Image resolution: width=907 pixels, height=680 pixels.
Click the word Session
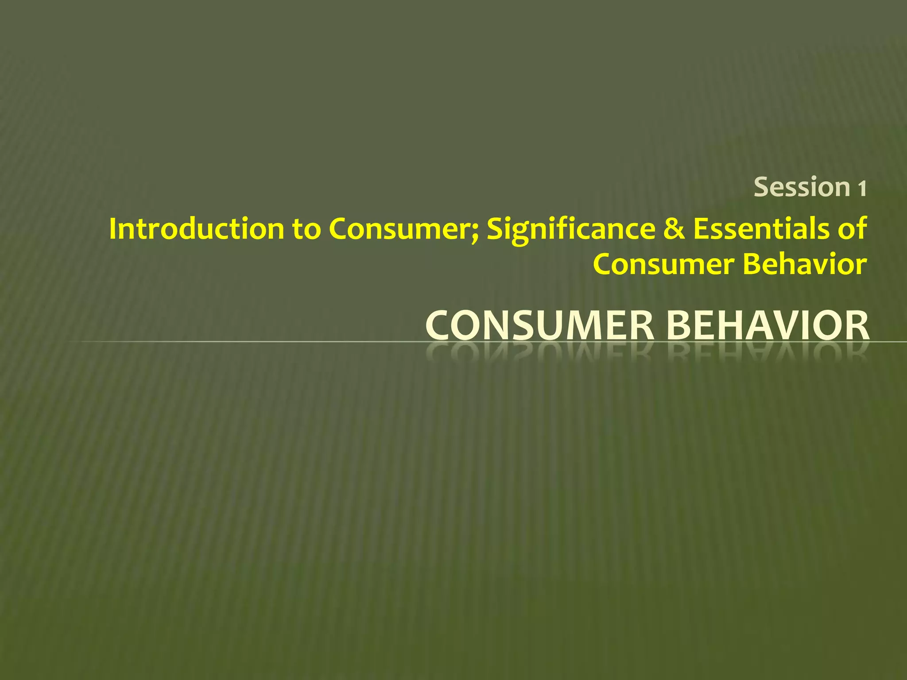802,187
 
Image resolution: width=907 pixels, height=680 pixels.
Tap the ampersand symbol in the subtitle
674,229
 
